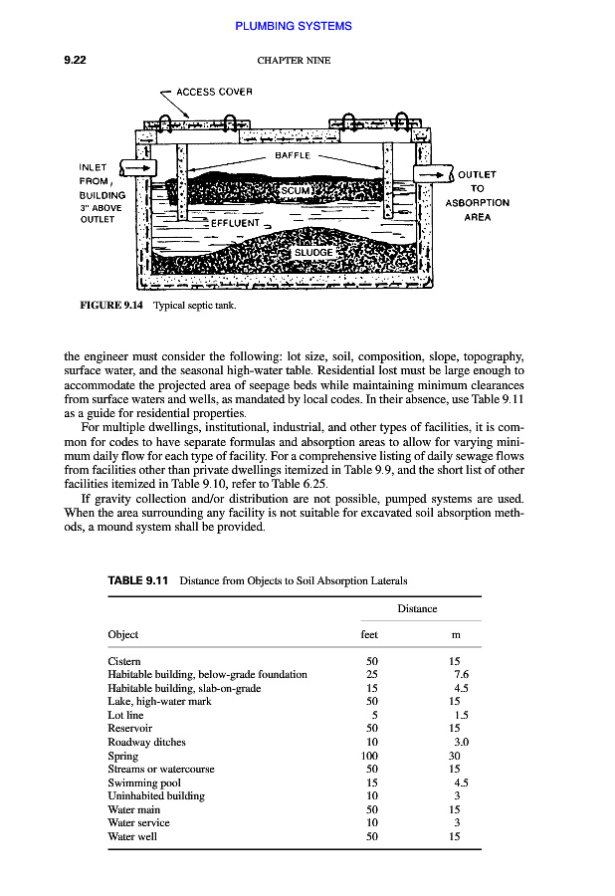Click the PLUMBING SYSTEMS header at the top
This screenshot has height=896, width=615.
coord(294,26)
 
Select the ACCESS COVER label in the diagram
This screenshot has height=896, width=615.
coord(214,92)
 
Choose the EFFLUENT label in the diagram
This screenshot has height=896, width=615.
coord(235,223)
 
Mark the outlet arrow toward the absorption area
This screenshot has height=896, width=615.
coord(435,174)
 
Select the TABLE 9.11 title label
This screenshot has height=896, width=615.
coord(138,580)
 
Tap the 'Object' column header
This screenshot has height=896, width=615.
coord(122,634)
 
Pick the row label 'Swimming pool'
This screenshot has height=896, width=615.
coord(144,783)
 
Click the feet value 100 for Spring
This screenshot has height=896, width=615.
coord(371,756)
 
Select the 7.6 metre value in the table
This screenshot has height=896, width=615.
coord(460,674)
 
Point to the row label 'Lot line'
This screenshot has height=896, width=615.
coord(125,715)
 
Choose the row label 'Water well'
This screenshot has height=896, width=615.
coord(131,836)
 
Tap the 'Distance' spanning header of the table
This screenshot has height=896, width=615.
coord(417,608)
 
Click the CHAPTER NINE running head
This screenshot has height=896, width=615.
coord(294,61)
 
